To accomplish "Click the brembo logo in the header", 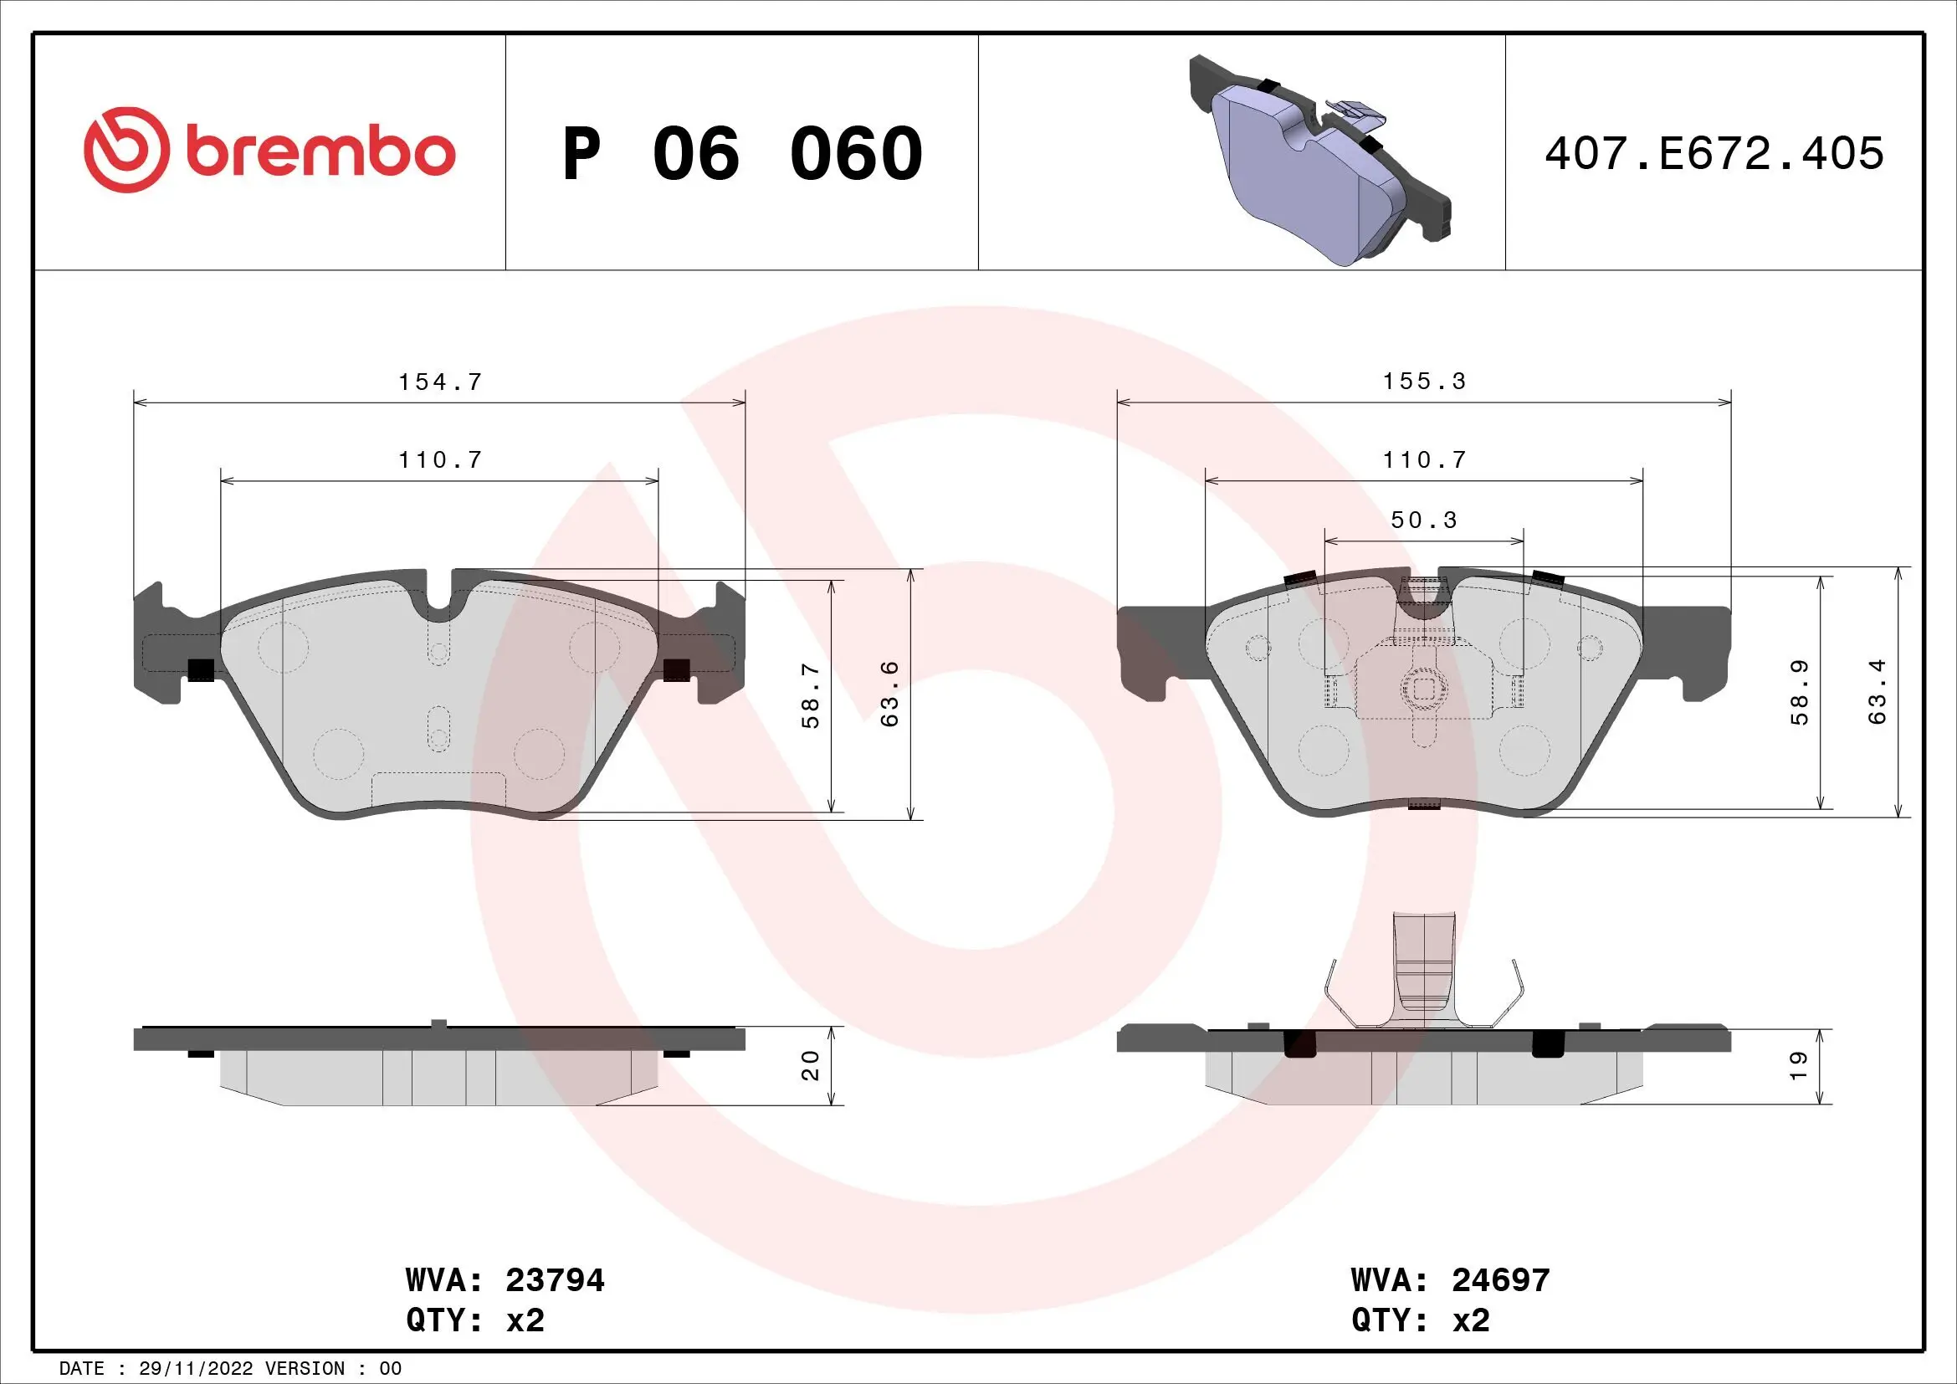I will point(269,151).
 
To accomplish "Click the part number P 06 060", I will point(741,153).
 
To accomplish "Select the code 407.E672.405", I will point(1714,153).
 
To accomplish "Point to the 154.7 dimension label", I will point(440,382).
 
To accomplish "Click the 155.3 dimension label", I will point(1423,381).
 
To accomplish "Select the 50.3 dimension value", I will point(1423,520).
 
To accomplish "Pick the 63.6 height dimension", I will point(890,694).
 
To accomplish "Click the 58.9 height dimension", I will point(1799,693).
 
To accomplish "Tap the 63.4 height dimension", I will point(1877,692).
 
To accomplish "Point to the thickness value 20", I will point(811,1065).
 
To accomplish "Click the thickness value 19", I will point(1796,1065).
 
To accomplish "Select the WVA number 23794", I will point(555,1280).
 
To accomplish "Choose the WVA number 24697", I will point(1500,1280).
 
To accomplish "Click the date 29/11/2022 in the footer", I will point(195,1369).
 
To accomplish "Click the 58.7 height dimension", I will point(811,695).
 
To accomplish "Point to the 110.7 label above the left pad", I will point(440,460).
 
